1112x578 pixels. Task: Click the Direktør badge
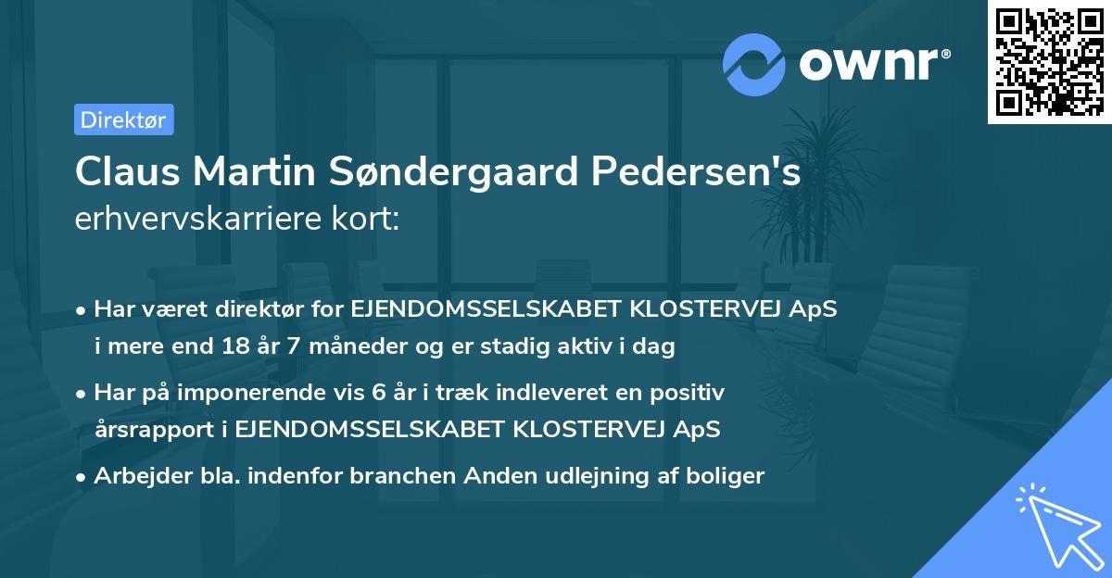[123, 119]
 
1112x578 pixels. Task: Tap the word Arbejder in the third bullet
[136, 476]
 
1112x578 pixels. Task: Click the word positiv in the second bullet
[691, 392]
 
